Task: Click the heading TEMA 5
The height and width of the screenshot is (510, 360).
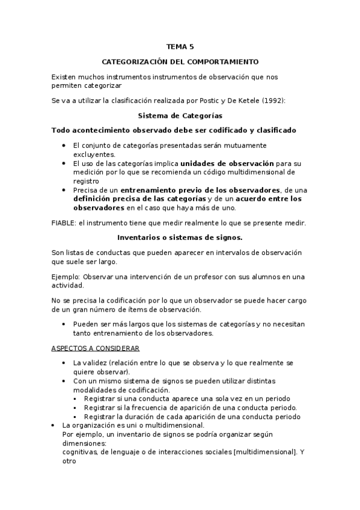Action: (180, 46)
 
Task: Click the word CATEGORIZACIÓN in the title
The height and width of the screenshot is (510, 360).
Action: (135, 61)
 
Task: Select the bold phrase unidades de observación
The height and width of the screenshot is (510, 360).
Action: (227, 163)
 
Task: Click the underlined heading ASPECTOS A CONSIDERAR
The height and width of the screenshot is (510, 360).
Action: (87, 348)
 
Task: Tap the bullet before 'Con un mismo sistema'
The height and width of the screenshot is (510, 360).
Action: (64, 381)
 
